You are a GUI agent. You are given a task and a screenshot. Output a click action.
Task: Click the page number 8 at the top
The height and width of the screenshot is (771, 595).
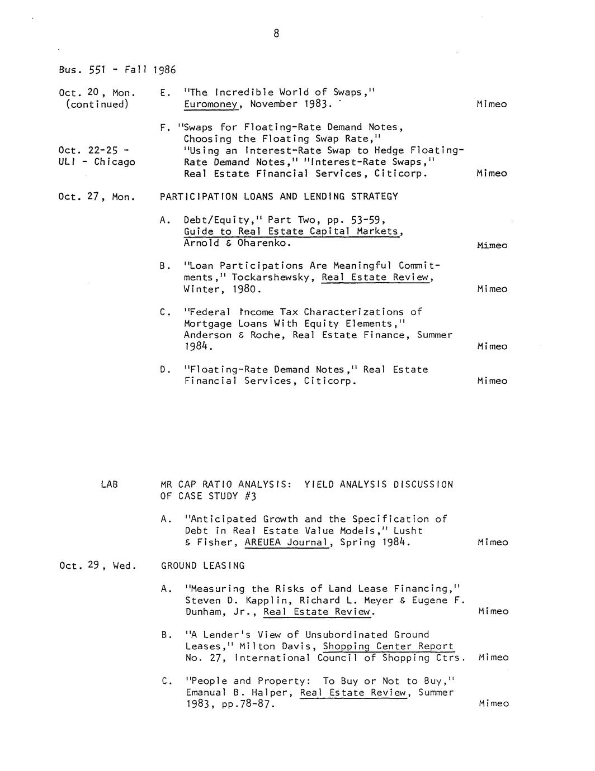pyautogui.click(x=276, y=34)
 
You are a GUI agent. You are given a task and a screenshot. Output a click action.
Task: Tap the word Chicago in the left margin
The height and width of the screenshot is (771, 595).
pyautogui.click(x=115, y=162)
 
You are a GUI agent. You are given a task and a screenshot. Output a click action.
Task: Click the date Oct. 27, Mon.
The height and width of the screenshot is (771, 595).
pyautogui.click(x=97, y=197)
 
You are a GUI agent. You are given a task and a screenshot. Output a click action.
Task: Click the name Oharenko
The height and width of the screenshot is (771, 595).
pyautogui.click(x=264, y=243)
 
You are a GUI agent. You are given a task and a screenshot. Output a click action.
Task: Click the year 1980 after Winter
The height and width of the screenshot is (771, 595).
pyautogui.click(x=246, y=289)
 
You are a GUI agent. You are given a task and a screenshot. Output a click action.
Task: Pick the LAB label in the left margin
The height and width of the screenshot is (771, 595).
pyautogui.click(x=110, y=484)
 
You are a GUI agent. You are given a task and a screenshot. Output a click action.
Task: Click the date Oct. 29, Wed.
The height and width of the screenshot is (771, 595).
pyautogui.click(x=97, y=565)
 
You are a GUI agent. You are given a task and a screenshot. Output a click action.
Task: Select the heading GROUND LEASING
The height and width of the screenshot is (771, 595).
pyautogui.click(x=202, y=565)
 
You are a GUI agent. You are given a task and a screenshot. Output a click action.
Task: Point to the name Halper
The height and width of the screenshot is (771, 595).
pyautogui.click(x=276, y=692)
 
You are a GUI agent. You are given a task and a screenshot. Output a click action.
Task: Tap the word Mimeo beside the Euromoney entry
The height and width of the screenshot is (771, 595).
pyautogui.click(x=492, y=104)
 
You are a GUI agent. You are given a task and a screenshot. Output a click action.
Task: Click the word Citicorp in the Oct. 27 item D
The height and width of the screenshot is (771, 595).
pyautogui.click(x=330, y=381)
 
